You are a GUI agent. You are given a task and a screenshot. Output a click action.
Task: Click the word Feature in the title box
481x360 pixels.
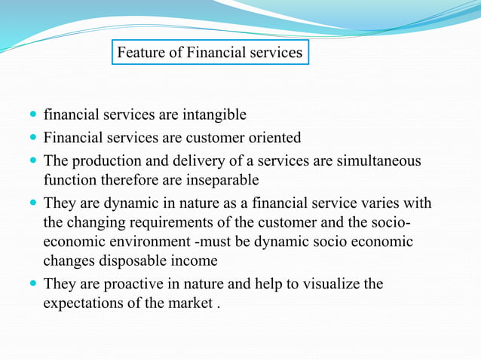(140, 53)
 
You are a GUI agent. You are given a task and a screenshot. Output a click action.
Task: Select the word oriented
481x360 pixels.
(275, 138)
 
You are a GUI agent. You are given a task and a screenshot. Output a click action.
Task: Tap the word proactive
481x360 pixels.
(121, 285)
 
